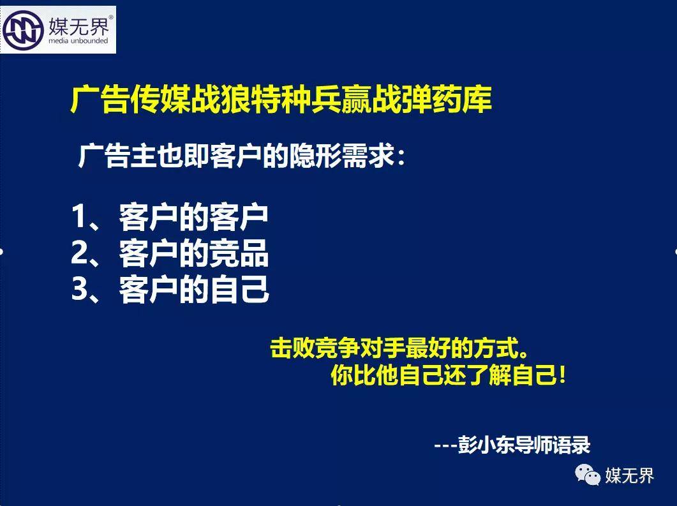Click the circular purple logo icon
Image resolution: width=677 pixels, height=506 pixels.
(23, 30)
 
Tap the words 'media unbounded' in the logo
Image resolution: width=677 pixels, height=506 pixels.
(78, 41)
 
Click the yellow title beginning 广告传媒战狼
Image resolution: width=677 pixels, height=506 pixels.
(281, 100)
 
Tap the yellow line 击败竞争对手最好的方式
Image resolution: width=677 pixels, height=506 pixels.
(399, 348)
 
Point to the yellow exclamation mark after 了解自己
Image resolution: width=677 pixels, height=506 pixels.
(562, 375)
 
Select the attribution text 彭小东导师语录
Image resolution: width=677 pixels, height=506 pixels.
(524, 444)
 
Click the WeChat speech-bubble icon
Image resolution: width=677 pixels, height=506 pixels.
(587, 475)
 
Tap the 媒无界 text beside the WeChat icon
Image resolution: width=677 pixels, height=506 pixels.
(629, 476)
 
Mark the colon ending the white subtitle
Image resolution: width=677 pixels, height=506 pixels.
(401, 158)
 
